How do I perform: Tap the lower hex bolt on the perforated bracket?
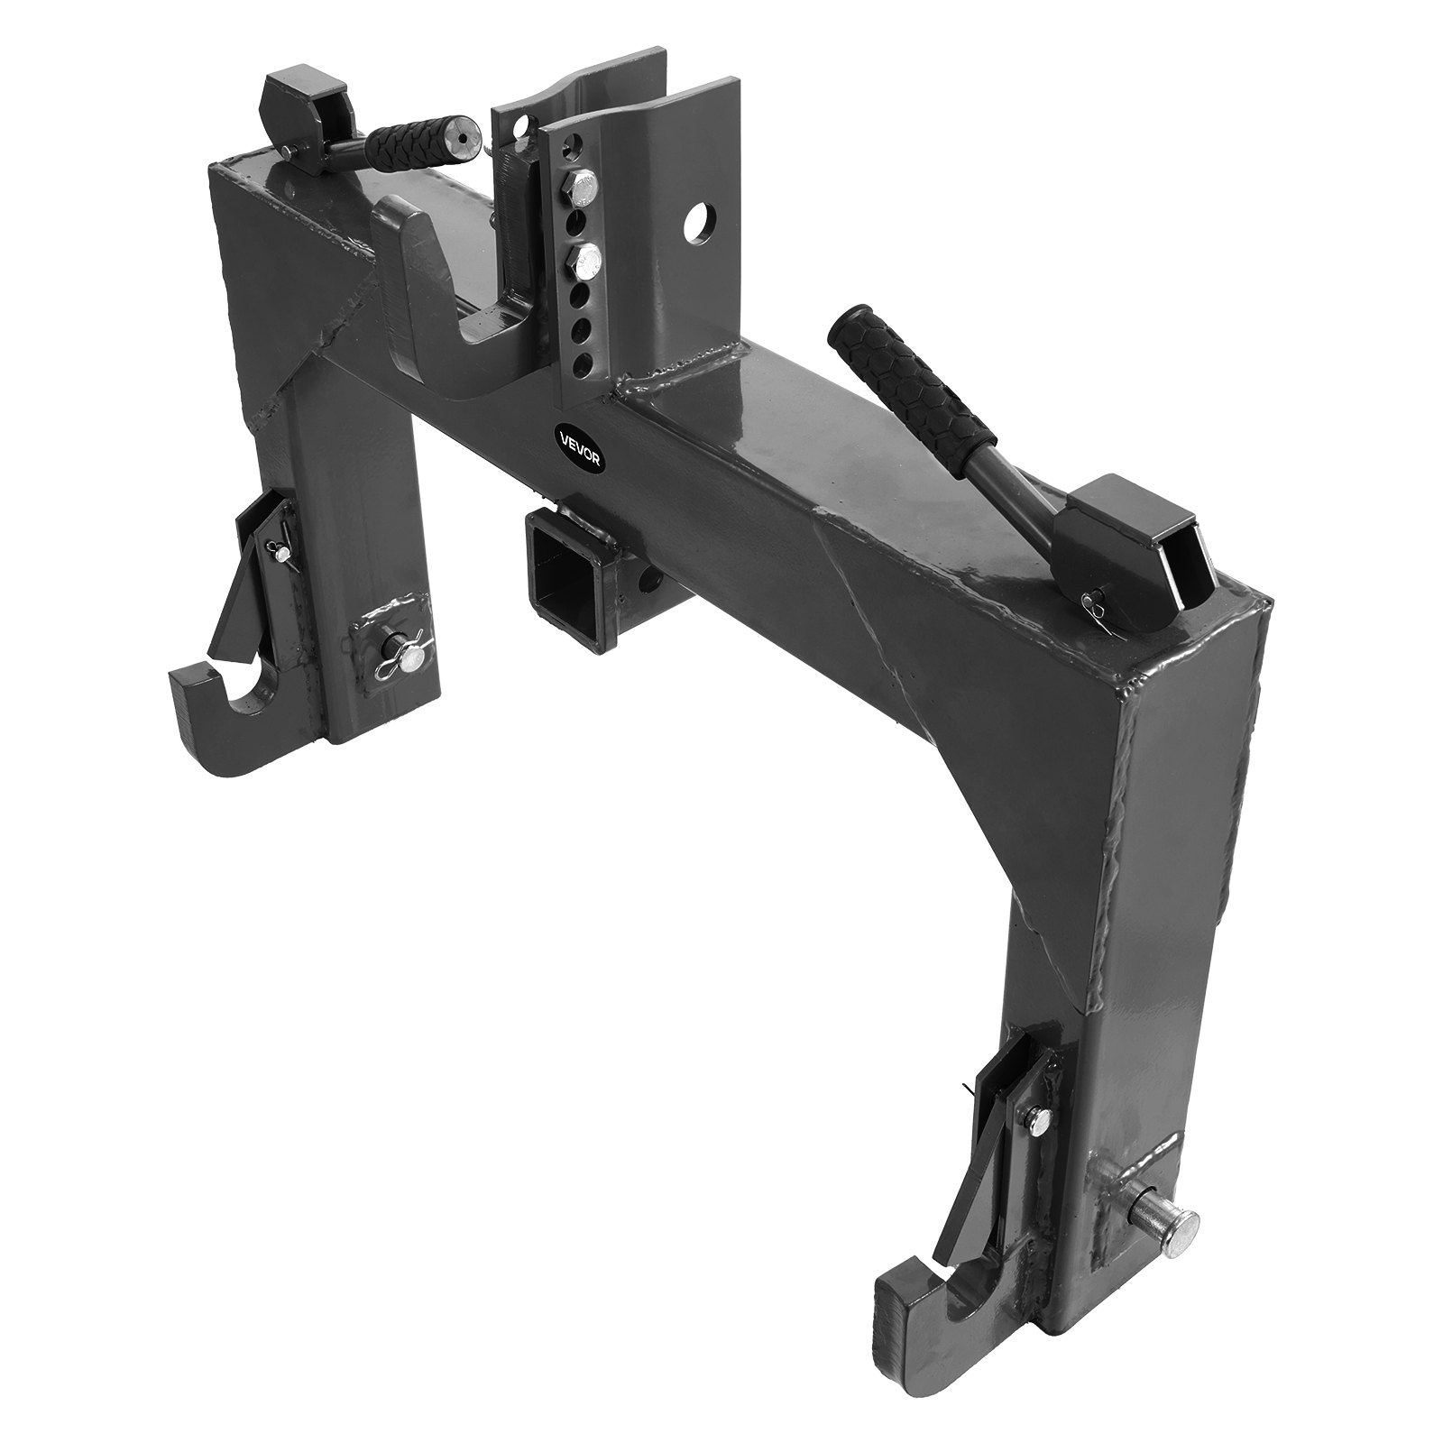click(585, 262)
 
